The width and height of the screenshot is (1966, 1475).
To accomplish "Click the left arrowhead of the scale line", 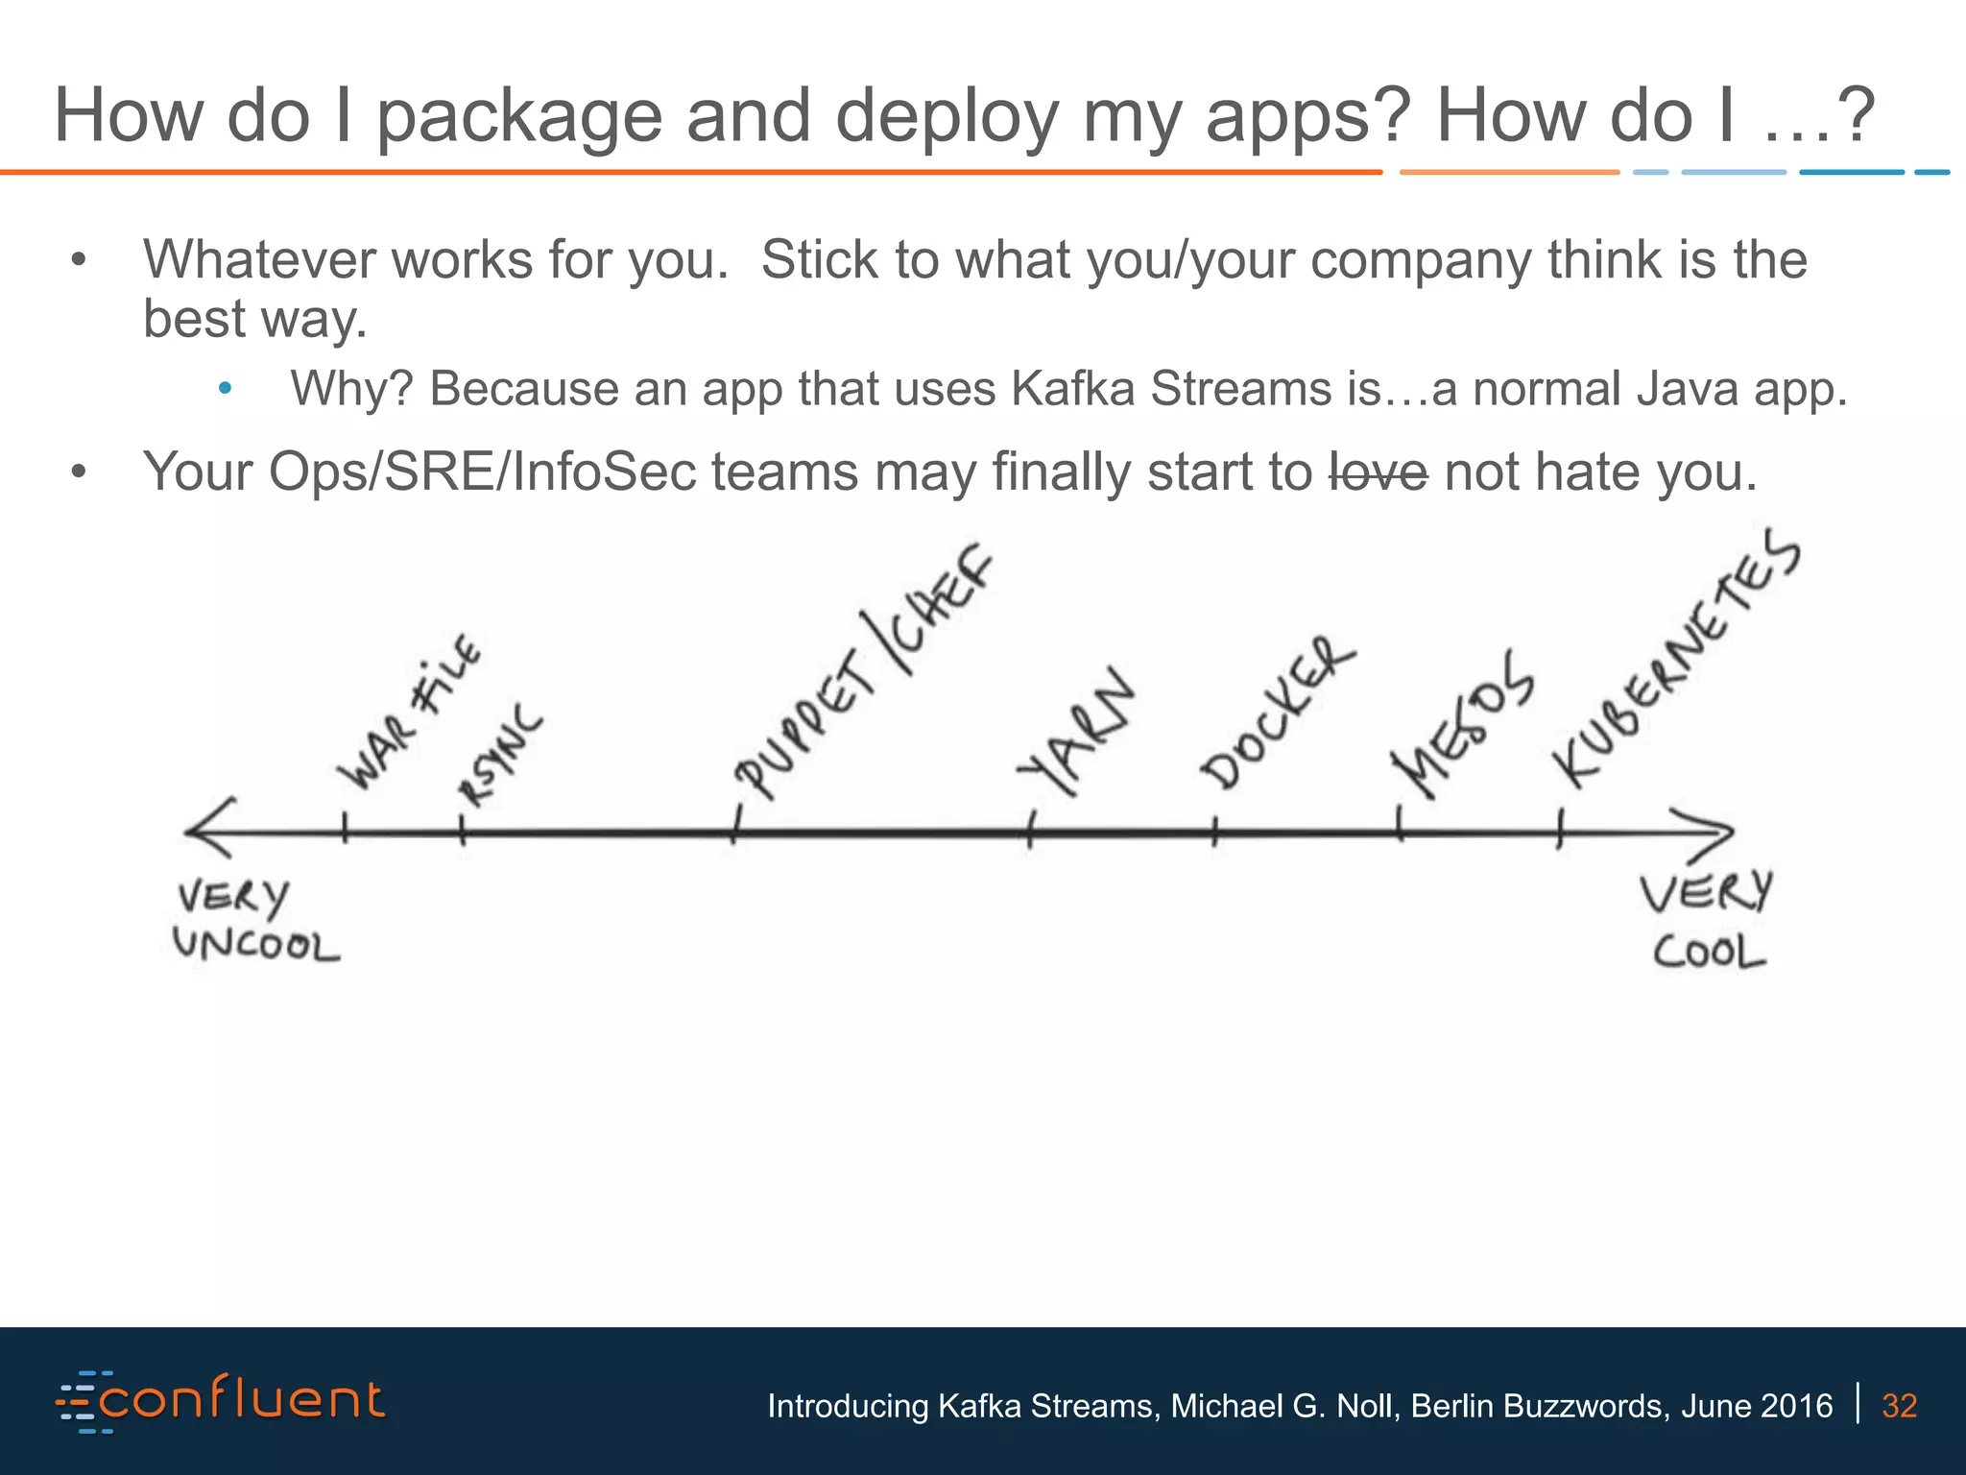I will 206,829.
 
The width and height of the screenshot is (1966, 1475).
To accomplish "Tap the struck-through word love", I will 1379,472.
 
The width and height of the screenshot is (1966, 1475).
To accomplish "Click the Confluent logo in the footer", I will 221,1401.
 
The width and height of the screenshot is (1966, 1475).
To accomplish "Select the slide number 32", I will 1899,1406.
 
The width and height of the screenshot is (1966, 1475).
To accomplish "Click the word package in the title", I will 519,117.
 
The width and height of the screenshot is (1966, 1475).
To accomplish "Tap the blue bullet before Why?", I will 225,390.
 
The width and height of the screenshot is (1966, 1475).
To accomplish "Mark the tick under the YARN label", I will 1030,830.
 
